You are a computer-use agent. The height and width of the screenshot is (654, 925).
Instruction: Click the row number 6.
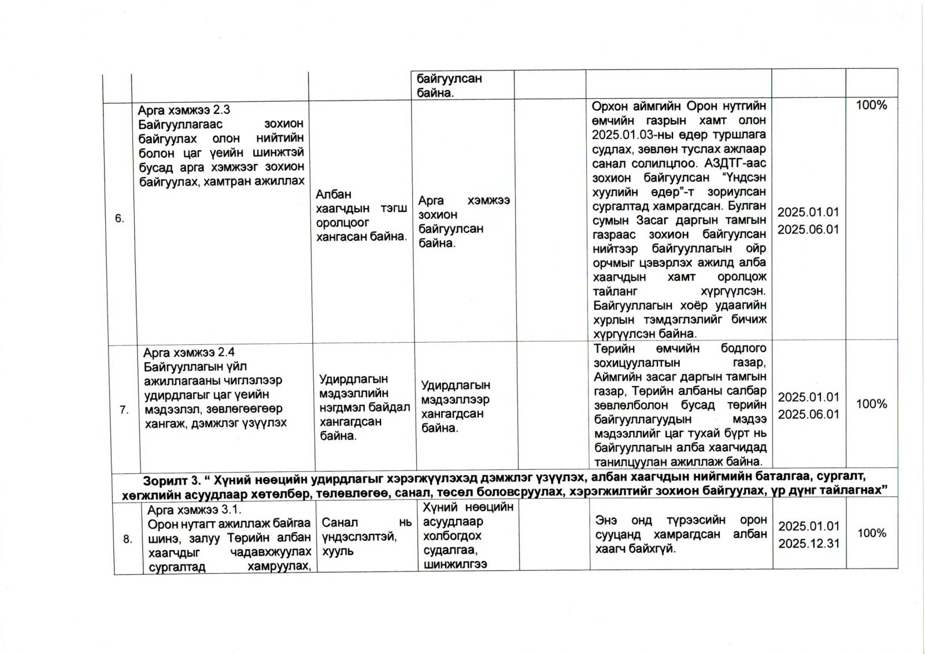119,218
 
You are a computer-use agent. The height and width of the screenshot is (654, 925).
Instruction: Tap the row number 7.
124,410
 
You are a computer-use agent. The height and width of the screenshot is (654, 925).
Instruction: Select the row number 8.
128,539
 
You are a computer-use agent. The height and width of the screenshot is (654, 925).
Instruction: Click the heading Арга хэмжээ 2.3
184,110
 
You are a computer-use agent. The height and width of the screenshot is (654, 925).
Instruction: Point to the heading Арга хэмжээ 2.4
189,352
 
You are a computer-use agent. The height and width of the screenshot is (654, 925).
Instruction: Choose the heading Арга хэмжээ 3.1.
194,510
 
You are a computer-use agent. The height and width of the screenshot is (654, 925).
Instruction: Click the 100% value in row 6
871,105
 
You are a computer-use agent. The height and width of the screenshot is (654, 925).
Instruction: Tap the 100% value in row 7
871,404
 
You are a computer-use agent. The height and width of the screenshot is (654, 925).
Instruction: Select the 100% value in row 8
871,533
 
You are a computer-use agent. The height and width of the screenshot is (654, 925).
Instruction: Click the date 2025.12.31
808,544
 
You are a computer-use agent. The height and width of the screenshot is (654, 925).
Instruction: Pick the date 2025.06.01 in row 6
808,229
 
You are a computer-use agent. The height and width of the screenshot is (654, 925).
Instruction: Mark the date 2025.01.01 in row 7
808,397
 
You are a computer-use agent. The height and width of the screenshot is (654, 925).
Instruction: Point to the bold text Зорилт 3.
170,481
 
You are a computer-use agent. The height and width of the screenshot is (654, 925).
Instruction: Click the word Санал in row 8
339,522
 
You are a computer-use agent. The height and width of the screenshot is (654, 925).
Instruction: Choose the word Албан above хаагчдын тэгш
334,195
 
